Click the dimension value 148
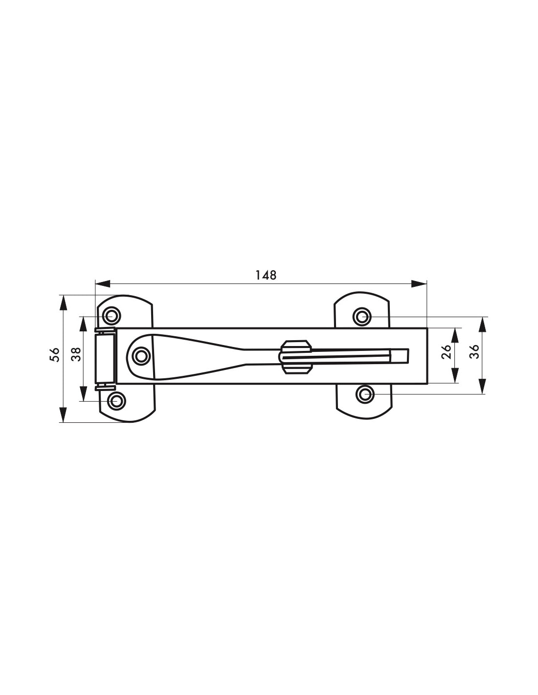click(x=265, y=275)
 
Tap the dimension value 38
click(x=77, y=354)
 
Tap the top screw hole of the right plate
click(x=362, y=317)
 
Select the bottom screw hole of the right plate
click(x=365, y=394)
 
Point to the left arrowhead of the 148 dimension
click(x=103, y=283)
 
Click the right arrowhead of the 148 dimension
click(x=419, y=283)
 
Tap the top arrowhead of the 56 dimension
click(x=64, y=303)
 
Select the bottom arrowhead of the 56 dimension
click(x=64, y=415)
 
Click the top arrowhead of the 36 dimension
click(x=483, y=325)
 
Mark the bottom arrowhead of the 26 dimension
click(x=454, y=375)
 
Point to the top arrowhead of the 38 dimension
click(x=83, y=325)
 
